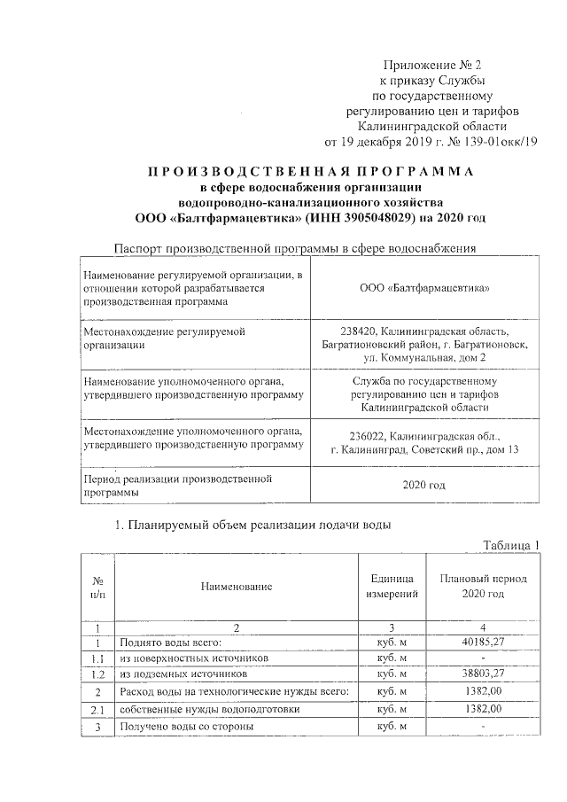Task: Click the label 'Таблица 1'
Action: click(509, 543)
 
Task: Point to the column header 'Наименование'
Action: click(236, 586)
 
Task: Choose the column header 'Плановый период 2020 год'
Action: click(483, 585)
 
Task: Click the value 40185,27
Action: click(483, 642)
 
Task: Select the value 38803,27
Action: click(483, 674)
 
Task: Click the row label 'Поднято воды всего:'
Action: click(169, 642)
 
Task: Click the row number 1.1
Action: click(98, 658)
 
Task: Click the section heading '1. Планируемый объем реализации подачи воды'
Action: click(253, 524)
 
